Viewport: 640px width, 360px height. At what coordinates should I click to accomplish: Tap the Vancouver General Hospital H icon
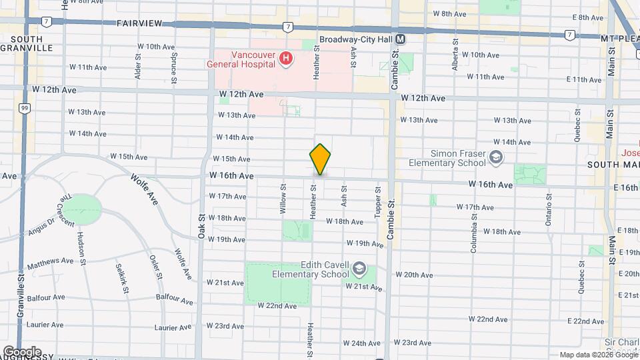[x=287, y=60]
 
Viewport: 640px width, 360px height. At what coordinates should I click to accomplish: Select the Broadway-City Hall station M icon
[x=401, y=39]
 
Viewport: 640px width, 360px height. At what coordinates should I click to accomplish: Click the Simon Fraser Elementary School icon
[x=495, y=158]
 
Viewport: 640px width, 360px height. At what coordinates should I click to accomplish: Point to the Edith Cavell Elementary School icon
[x=359, y=269]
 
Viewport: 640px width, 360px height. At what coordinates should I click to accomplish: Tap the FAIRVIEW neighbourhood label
[x=139, y=23]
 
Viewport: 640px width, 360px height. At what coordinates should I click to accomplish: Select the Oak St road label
[x=201, y=223]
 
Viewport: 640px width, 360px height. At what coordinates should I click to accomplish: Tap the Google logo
[x=21, y=351]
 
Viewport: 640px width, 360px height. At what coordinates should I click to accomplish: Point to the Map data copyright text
[x=598, y=355]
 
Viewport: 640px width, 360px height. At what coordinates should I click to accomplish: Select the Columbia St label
[x=474, y=229]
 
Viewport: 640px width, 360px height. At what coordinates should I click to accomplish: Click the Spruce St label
[x=174, y=67]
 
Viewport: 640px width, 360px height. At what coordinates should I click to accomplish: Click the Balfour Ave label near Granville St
[x=46, y=297]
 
